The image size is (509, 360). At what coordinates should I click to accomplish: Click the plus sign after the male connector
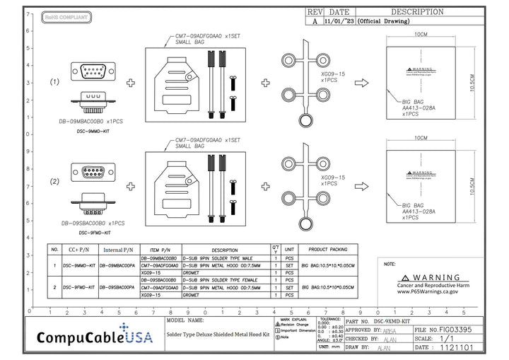tap(130, 83)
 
